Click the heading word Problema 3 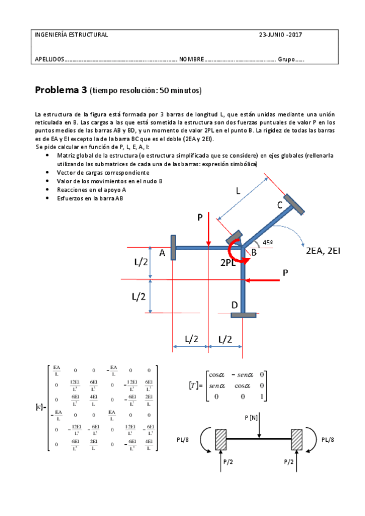[x=60, y=91]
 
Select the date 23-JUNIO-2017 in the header [x=280, y=35]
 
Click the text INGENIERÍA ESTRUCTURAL [x=72, y=35]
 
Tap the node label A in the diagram [x=162, y=253]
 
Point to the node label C [x=280, y=206]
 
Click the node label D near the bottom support [x=235, y=304]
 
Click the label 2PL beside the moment [x=231, y=264]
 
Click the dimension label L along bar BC [x=238, y=190]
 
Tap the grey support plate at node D [x=243, y=314]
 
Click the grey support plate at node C [x=294, y=204]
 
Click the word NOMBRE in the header [x=191, y=60]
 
